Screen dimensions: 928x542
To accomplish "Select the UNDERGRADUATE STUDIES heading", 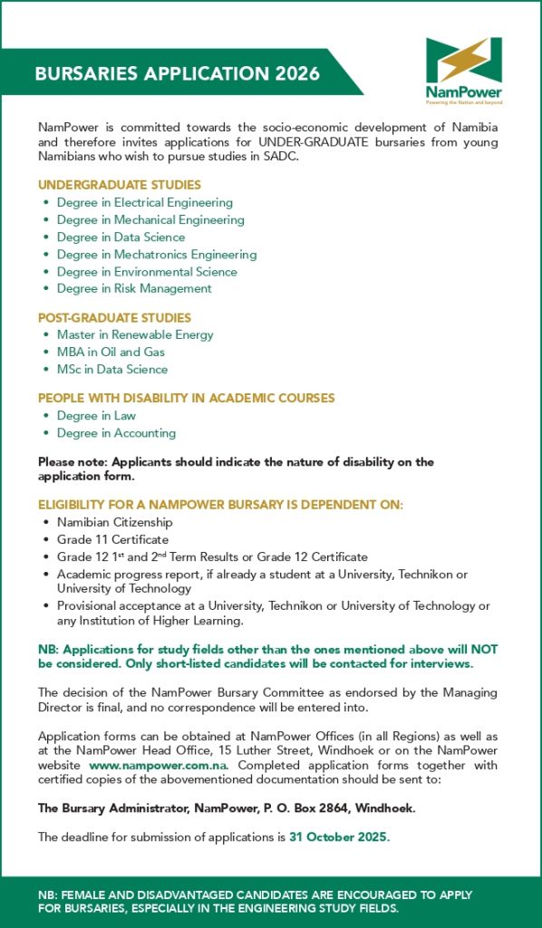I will point(120,185).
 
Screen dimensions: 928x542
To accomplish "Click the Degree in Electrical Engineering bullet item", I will point(144,203).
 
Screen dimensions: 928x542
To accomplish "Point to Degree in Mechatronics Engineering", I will point(156,255).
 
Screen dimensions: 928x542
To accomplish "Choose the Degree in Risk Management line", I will point(134,289).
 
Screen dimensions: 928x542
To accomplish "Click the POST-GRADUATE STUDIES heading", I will point(114,318).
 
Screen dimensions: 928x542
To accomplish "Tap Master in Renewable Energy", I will point(135,335).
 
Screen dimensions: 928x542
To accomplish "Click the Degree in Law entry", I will point(96,416).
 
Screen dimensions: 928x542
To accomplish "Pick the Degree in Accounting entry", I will point(116,433).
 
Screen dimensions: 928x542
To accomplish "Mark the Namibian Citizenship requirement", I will point(114,523).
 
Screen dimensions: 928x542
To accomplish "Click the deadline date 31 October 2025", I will point(337,836).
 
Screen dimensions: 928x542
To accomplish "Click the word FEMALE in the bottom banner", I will point(87,895).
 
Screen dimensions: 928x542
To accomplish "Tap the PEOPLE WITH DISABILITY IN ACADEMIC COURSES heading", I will point(186,398).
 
